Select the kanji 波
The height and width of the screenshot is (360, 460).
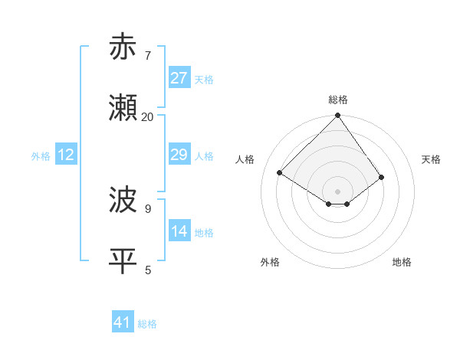(123, 201)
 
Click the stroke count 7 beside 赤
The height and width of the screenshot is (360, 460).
(147, 55)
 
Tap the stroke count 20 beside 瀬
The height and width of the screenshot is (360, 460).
(147, 116)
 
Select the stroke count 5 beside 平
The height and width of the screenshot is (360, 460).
(147, 270)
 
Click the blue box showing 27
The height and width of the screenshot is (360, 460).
(179, 78)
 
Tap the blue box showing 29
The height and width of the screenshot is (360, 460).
(179, 155)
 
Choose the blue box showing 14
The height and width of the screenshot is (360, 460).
(179, 231)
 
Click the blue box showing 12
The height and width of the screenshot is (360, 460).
(66, 155)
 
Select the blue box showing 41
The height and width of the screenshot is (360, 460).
(123, 322)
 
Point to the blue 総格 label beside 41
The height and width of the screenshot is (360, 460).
(147, 324)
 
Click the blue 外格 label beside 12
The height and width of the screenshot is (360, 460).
(41, 156)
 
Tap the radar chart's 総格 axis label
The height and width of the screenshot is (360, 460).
(338, 100)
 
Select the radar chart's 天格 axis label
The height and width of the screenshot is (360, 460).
(432, 159)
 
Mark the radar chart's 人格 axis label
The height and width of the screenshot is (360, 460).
(245, 159)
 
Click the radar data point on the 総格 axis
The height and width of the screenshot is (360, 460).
(338, 116)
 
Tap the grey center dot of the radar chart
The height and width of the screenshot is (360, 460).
(338, 191)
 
